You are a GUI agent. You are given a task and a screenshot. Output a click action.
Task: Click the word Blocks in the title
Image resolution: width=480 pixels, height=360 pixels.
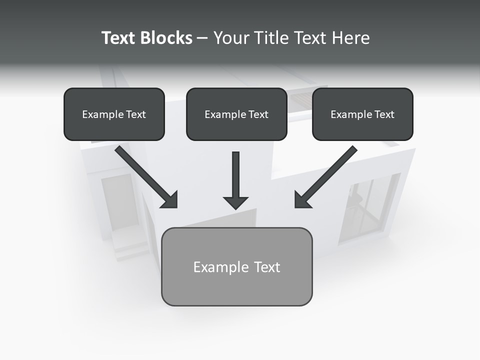point(166,38)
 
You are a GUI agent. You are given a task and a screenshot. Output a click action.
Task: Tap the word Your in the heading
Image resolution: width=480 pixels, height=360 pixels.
point(231,38)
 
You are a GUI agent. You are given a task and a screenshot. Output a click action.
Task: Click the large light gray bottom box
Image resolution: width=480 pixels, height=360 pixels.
point(236,290)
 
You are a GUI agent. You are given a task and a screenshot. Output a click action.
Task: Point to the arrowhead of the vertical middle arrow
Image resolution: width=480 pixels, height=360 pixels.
point(235,202)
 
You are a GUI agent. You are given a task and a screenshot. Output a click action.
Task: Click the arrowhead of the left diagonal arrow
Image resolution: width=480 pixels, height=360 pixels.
point(170,200)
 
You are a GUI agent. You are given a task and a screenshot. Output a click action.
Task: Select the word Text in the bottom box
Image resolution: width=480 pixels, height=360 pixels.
point(266,267)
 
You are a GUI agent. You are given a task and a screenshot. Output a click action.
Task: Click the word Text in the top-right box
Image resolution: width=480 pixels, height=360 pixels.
point(384,114)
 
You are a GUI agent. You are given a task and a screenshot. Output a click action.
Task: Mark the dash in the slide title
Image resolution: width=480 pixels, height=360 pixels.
point(203,38)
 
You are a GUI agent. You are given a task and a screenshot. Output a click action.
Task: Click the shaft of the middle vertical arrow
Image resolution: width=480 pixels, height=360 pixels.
point(235,172)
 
